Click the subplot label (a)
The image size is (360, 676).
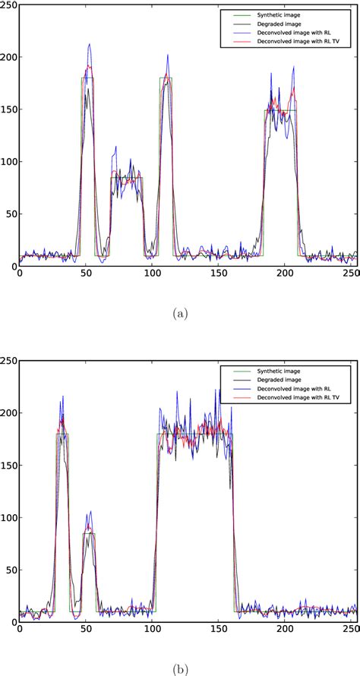click(x=180, y=314)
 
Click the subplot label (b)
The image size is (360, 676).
click(x=180, y=670)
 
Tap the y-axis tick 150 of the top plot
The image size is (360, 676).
click(x=9, y=110)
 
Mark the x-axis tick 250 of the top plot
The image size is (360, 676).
click(x=350, y=274)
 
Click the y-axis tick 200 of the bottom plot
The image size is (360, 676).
click(x=9, y=413)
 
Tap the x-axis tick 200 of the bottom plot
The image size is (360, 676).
click(x=284, y=630)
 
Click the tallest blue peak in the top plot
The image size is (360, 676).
click(x=90, y=44)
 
